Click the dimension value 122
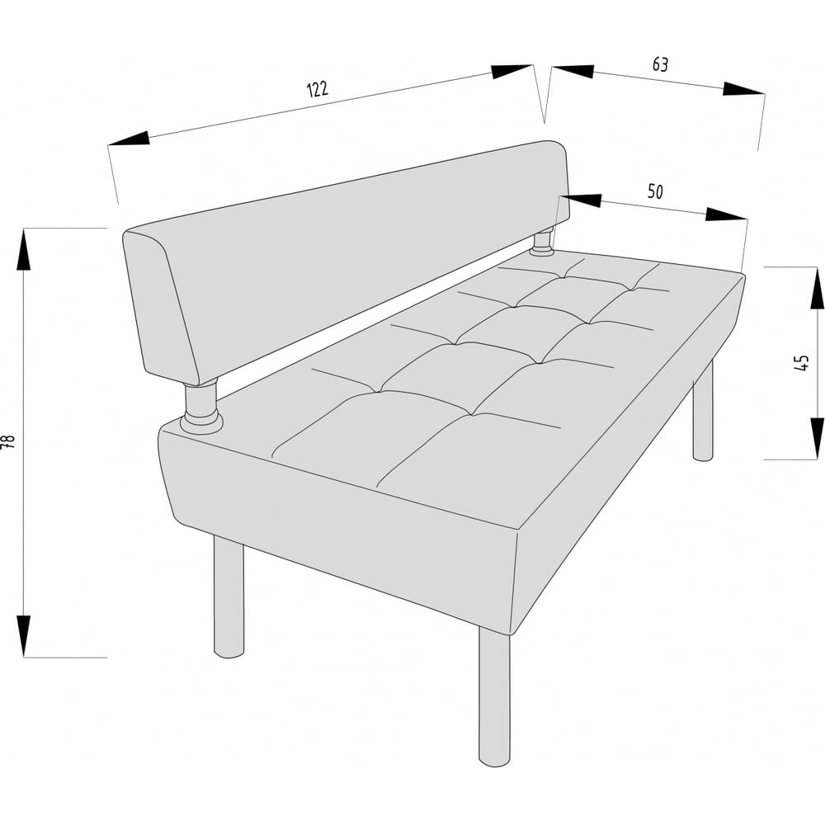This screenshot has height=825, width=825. [318, 89]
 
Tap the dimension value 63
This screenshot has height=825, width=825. [660, 64]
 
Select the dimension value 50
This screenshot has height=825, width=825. [655, 191]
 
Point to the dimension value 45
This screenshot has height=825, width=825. [801, 362]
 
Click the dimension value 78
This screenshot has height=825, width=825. [9, 441]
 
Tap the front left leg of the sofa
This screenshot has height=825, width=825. [229, 597]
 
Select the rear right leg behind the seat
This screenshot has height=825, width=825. [703, 410]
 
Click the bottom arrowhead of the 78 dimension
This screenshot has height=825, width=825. [24, 636]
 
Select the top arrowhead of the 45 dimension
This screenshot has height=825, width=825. [817, 288]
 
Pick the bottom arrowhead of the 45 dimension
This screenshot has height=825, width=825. [817, 439]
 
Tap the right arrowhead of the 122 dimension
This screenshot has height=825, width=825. [511, 72]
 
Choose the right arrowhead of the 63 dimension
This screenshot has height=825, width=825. [743, 89]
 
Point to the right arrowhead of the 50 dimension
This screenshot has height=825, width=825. [726, 214]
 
